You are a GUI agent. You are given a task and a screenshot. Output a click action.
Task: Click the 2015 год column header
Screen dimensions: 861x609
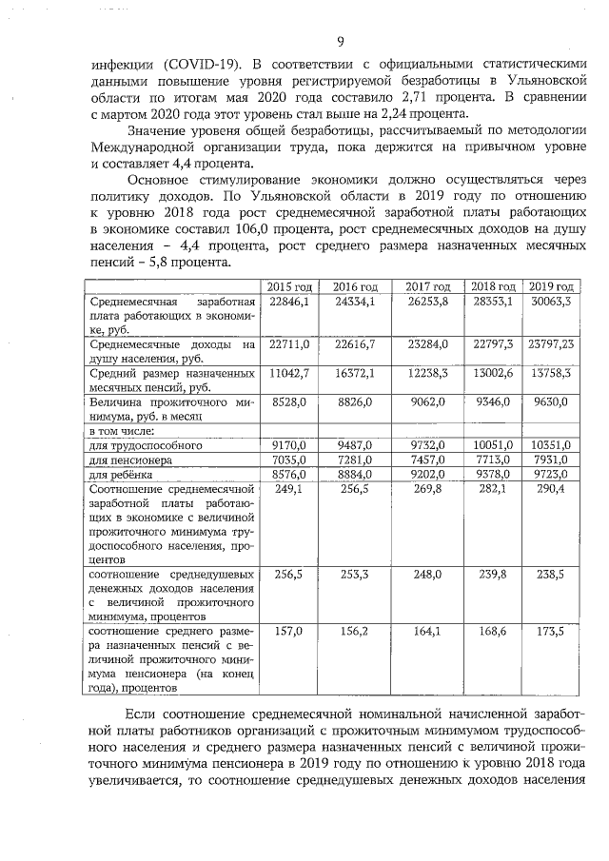[x=289, y=287]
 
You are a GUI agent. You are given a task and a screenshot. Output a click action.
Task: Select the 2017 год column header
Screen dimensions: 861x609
[x=426, y=287]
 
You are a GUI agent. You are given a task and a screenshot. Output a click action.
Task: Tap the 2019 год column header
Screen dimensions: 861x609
[x=551, y=287]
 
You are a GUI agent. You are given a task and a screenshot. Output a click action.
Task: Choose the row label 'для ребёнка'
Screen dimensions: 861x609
[x=122, y=474]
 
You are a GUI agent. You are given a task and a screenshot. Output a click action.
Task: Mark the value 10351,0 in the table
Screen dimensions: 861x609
[x=551, y=445]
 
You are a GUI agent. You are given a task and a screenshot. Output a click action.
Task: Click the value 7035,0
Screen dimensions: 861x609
[x=289, y=460]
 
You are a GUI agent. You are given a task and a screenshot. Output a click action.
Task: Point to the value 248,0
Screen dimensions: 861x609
[x=426, y=575]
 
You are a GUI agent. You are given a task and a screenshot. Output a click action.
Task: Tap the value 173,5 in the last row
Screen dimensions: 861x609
[x=551, y=631]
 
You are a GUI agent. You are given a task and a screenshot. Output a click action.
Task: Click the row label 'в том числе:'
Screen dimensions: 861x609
[x=121, y=431]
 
